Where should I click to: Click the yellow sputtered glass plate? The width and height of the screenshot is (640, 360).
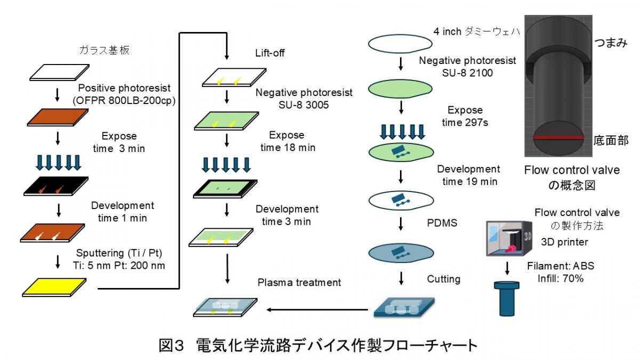point(54,287)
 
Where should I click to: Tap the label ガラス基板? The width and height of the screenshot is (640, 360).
point(105,50)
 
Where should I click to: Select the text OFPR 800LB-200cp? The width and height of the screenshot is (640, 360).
point(124,101)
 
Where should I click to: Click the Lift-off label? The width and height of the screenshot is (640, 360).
point(270,53)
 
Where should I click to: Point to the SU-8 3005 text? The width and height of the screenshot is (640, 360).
point(303,105)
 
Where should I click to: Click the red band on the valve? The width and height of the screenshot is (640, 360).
point(558,138)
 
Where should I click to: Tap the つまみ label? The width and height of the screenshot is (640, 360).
point(611,43)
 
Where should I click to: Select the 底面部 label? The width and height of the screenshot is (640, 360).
point(611,140)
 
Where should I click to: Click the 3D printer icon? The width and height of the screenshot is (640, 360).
point(509,238)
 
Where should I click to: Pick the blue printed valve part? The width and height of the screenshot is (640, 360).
point(507,299)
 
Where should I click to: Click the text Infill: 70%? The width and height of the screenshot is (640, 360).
point(561,278)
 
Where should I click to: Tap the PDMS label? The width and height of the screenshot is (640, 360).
point(442,223)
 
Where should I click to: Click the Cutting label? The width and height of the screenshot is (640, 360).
point(444,279)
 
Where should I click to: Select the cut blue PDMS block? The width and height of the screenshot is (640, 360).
point(404,307)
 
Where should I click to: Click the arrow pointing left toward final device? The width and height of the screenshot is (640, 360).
point(317,309)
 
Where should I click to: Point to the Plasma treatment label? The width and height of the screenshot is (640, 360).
point(299,282)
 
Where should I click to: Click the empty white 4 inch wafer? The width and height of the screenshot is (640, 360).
point(400,44)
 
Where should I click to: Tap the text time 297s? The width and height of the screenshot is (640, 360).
point(465,123)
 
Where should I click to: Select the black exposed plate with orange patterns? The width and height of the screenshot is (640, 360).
point(56,186)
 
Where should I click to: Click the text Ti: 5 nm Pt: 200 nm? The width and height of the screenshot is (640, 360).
point(119,266)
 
